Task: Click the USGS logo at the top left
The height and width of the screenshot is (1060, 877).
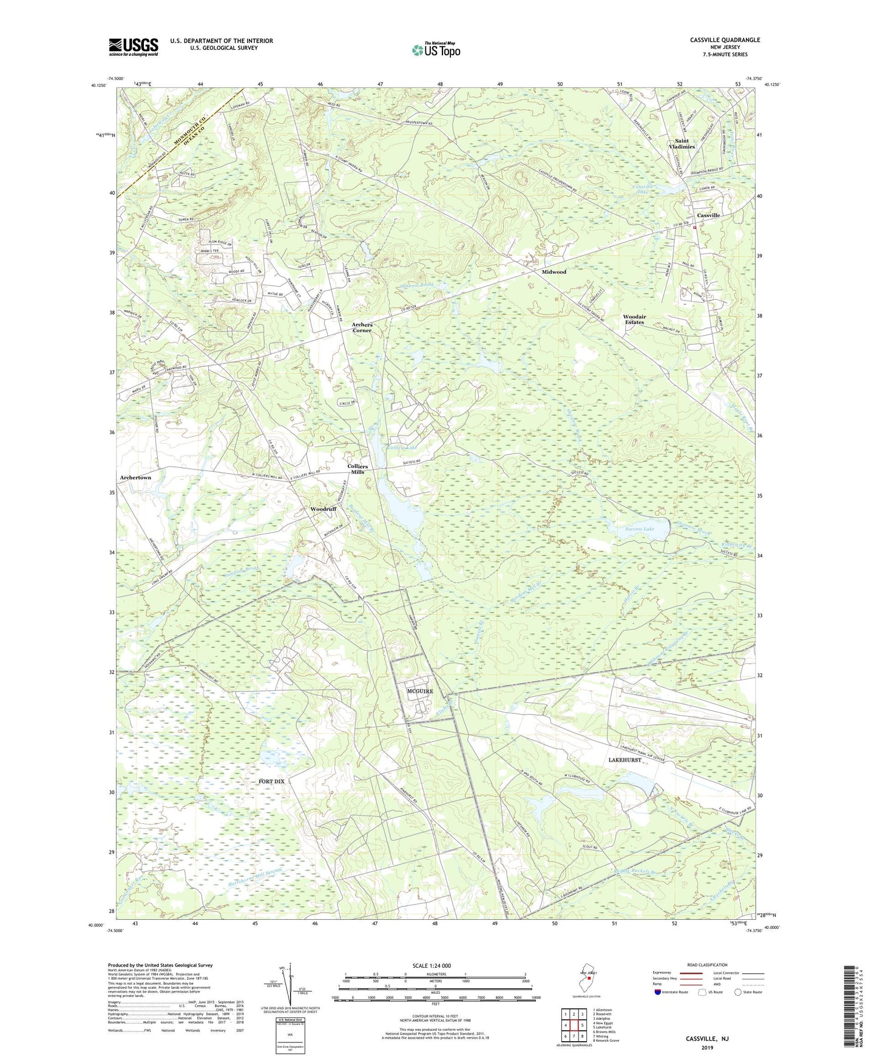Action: tap(134, 47)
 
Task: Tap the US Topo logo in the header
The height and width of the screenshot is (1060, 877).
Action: tap(435, 50)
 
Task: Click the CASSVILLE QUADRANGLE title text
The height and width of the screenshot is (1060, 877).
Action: tap(725, 40)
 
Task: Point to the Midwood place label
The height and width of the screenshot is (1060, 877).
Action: tap(554, 272)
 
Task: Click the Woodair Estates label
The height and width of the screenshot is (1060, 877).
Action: tap(634, 319)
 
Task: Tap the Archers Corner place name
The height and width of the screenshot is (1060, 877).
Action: tap(362, 328)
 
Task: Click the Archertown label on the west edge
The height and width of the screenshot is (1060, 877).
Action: tap(135, 478)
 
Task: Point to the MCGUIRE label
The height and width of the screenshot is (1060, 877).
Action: tap(419, 691)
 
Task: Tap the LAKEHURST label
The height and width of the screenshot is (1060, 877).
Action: tap(625, 760)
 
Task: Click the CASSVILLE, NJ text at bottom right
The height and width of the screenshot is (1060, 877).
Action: tap(707, 1039)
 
